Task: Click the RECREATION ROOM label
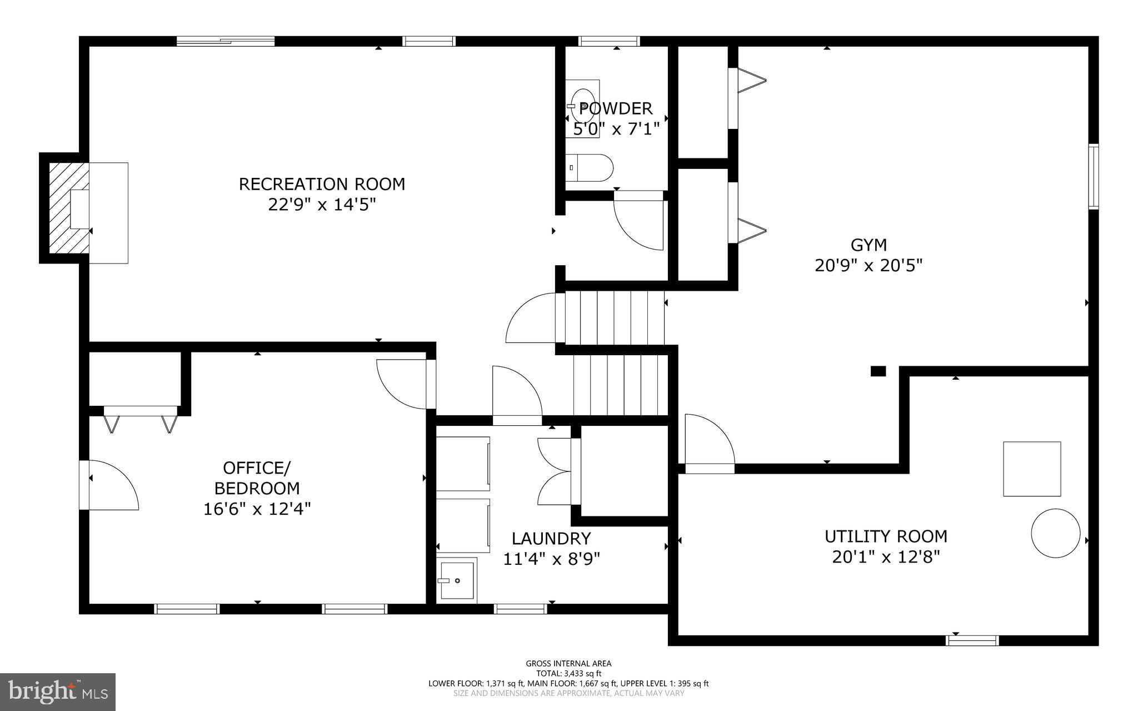coord(322,184)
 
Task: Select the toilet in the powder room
coord(592,167)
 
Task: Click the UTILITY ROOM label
coord(886,536)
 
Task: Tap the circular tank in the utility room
coord(1055,533)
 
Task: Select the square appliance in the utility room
coord(1032,469)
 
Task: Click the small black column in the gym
coord(877,371)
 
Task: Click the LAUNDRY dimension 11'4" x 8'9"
coord(551,559)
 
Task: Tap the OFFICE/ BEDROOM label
coord(257,478)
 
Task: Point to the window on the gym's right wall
coord(1093,176)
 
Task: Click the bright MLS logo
coord(58,692)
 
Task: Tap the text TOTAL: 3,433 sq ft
coord(568,673)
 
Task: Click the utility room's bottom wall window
coord(972,640)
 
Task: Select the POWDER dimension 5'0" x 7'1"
coord(616,130)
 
